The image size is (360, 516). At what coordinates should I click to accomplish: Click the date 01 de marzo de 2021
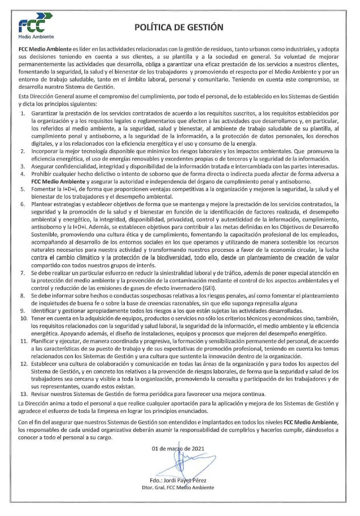(179, 448)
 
